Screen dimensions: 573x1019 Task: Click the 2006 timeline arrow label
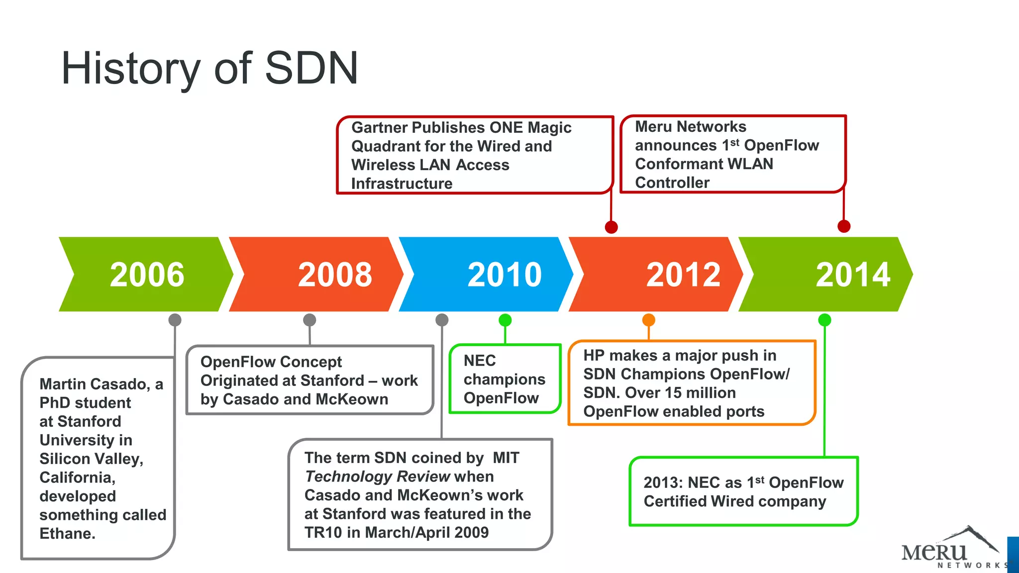[x=147, y=275]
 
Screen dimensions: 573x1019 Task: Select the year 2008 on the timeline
[x=335, y=275]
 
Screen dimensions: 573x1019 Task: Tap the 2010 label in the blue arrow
[x=505, y=275]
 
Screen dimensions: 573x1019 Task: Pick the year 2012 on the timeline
[x=683, y=275]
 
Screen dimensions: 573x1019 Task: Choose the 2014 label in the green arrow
[x=853, y=275]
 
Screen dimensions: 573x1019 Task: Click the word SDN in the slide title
[x=311, y=68]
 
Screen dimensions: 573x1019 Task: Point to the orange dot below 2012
[x=648, y=320]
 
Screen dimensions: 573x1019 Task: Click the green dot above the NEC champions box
[x=505, y=320]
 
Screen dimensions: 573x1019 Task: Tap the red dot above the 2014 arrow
[x=844, y=226]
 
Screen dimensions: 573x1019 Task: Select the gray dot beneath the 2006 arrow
[x=175, y=320]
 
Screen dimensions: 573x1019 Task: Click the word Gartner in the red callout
[x=379, y=128]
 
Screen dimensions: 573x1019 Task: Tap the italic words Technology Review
[x=377, y=477]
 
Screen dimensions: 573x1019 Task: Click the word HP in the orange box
[x=594, y=356]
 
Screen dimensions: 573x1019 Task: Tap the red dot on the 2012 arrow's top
[x=611, y=227]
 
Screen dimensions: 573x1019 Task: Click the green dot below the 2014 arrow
[x=824, y=320]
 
